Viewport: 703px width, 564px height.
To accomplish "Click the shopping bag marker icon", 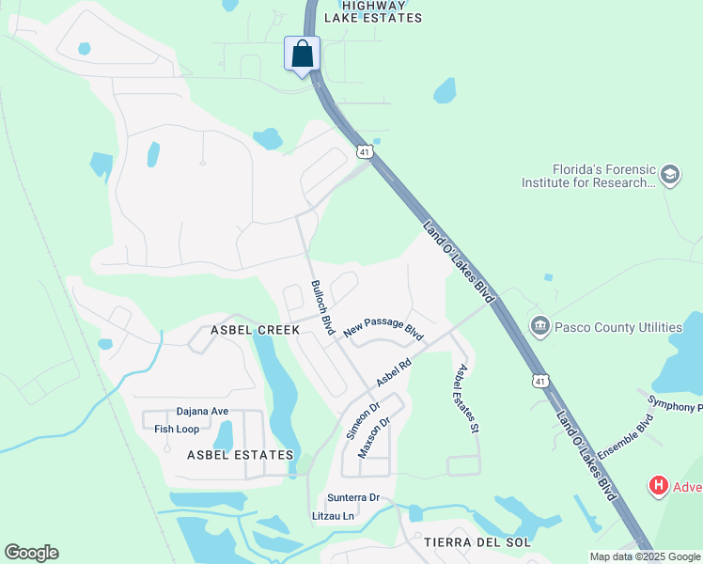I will (302, 53).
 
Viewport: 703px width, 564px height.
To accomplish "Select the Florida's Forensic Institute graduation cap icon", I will (669, 175).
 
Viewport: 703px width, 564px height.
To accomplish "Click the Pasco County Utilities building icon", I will (539, 327).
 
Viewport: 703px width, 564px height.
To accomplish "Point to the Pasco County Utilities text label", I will (617, 327).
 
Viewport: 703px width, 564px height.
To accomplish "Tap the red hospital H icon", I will (659, 486).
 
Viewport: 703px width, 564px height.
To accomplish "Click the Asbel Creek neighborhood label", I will (255, 330).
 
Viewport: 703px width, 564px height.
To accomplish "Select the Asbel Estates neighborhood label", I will (240, 455).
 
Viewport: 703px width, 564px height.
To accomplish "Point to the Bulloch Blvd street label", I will (322, 308).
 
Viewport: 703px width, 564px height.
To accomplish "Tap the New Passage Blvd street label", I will (383, 328).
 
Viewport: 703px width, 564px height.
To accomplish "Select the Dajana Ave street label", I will (202, 411).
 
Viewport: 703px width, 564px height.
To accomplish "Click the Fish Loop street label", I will (177, 429).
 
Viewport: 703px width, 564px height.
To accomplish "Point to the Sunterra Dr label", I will (352, 497).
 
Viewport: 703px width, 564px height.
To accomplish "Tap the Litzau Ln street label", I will (333, 516).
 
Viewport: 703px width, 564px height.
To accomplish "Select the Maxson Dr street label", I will (373, 438).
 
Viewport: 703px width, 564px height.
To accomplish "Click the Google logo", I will (31, 553).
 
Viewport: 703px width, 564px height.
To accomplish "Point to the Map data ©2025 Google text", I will (646, 556).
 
